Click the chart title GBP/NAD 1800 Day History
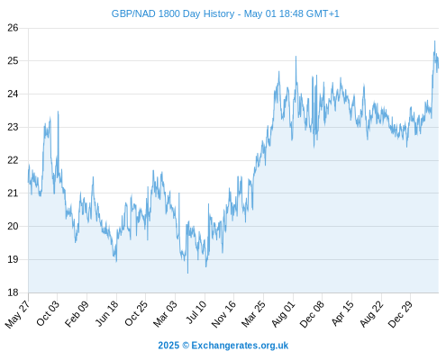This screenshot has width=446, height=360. (173, 13)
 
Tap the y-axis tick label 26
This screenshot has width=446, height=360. (13, 28)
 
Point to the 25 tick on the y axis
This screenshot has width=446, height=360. (13, 61)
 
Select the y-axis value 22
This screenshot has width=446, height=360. (13, 160)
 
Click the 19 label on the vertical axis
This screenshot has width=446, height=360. (13, 259)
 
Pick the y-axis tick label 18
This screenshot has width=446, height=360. (13, 292)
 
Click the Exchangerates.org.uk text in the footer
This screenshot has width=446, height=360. (240, 346)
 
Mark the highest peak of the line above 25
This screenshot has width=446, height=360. (434, 40)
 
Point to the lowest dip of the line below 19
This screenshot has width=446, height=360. (188, 274)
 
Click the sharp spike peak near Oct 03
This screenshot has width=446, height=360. (58, 111)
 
